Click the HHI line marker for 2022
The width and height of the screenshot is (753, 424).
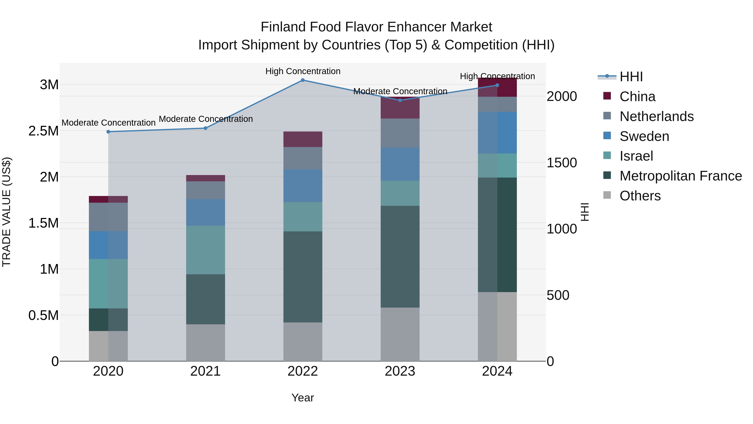pos(303,80)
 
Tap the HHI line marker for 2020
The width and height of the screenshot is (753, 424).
pos(108,132)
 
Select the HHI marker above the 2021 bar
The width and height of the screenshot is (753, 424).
pos(205,128)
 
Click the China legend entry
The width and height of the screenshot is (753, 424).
pos(637,97)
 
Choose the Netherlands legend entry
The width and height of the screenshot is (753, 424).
pos(656,116)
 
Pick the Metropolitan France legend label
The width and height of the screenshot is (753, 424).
pos(680,176)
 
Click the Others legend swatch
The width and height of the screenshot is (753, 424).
pos(607,195)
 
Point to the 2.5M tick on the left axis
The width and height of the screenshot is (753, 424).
pos(43,131)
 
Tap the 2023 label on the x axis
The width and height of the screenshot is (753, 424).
pos(400,371)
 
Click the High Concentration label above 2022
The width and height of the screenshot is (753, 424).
pos(303,71)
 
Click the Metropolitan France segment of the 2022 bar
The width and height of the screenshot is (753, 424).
pos(303,277)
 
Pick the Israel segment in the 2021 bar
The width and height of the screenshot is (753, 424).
pos(205,250)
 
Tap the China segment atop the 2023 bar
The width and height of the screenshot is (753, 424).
pos(400,108)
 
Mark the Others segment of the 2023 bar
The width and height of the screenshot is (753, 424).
pos(400,334)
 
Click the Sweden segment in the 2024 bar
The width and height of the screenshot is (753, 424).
pos(497,133)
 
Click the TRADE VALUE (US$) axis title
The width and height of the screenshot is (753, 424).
pos(6,212)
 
